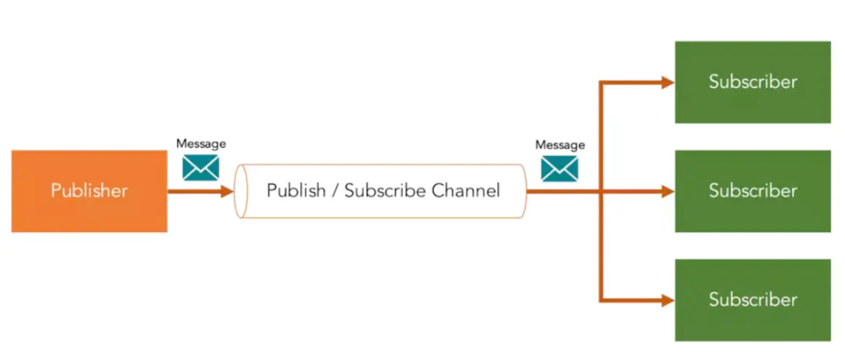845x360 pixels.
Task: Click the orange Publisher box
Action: (x=89, y=191)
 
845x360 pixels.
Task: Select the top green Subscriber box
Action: (x=752, y=81)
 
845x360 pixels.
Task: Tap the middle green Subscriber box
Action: (x=752, y=191)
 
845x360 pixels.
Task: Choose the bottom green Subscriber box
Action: (x=752, y=300)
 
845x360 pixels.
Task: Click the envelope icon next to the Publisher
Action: (x=200, y=167)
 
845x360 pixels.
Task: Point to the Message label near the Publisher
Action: (x=200, y=143)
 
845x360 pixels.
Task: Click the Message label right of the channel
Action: (x=560, y=145)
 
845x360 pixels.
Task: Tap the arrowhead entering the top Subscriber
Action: (x=667, y=82)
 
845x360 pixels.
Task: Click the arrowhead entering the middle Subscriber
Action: (x=667, y=191)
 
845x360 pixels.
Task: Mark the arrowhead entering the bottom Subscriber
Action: (x=667, y=301)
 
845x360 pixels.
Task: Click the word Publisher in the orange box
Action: (x=89, y=191)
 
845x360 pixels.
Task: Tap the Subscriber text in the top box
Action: (x=752, y=81)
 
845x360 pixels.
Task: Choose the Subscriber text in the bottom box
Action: (x=752, y=300)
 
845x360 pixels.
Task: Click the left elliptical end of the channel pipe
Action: (x=241, y=191)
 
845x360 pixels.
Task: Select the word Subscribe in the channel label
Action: (x=385, y=191)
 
